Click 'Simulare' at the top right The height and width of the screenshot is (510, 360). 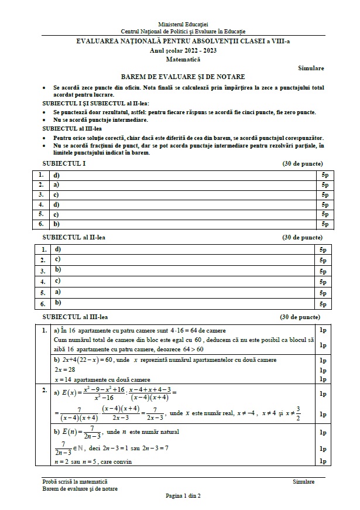(311, 68)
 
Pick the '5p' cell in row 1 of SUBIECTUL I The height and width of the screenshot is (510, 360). (324, 175)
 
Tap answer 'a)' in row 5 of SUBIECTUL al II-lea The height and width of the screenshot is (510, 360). (57, 291)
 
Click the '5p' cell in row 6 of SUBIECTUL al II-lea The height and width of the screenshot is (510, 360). (323, 304)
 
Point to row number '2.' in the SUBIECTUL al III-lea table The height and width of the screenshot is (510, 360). (43, 390)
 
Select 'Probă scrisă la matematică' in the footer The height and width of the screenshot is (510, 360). (78, 481)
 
